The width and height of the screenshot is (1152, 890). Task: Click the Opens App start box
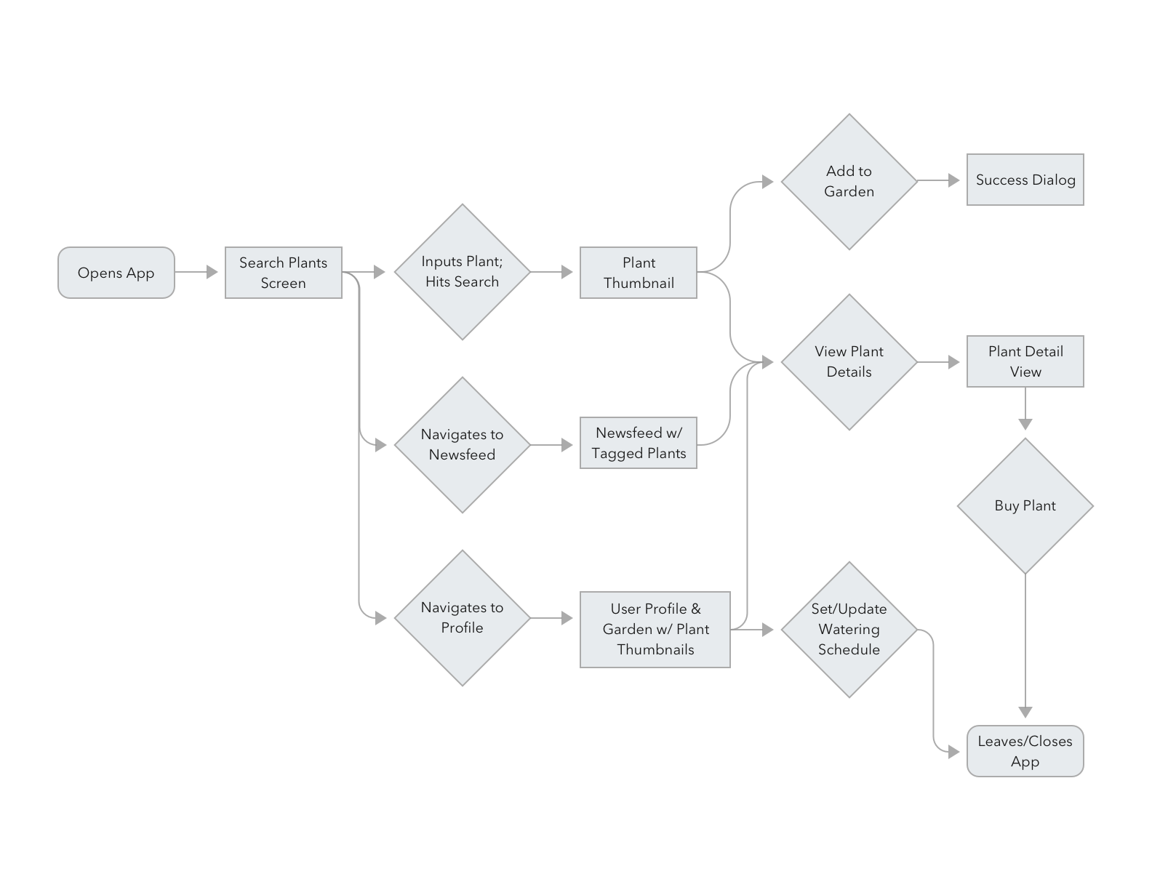click(x=116, y=273)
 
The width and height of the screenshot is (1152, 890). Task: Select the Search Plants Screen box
click(x=283, y=273)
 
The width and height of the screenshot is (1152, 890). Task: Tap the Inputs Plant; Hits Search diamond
click(x=462, y=272)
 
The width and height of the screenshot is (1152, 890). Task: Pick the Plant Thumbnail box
click(x=638, y=273)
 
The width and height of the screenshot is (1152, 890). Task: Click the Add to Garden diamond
click(x=849, y=181)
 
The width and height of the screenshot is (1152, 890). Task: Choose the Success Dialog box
click(x=1025, y=180)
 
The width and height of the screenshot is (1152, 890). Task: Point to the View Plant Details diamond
click(x=849, y=361)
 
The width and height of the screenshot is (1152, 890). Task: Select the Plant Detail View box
click(x=1025, y=361)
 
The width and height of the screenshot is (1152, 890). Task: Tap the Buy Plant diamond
click(x=1025, y=506)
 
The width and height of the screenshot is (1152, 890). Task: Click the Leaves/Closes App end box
click(x=1025, y=751)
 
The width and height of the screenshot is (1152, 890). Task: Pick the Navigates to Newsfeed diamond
click(x=462, y=444)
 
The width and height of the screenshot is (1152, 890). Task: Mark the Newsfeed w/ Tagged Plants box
click(x=638, y=443)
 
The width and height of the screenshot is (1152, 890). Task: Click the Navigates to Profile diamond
click(x=462, y=617)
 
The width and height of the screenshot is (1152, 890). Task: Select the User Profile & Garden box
click(x=655, y=629)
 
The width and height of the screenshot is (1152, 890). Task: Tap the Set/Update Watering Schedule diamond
click(x=849, y=629)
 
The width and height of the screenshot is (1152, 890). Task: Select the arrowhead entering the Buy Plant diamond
click(x=1025, y=424)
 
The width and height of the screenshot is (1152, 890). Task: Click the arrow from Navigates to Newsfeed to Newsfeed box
click(x=553, y=444)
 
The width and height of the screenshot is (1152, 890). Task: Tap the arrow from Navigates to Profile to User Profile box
click(x=553, y=618)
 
